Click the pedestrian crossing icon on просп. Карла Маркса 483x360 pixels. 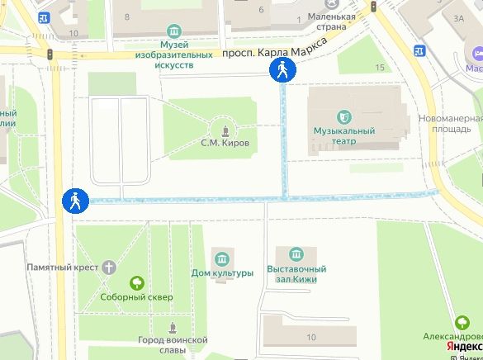pos(282,71)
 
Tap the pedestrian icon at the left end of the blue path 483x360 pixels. pos(73,201)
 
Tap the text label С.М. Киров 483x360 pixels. pos(225,143)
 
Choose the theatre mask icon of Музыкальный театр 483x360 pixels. pos(344,116)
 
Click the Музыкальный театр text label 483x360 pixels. pos(344,136)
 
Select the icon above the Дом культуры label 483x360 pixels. pos(222,256)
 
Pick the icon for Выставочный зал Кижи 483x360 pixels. pos(296,253)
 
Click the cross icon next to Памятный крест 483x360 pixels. pos(109,268)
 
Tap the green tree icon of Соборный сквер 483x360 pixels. pos(136,282)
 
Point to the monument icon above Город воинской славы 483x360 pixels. pos(172,326)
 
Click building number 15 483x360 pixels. pos(379,67)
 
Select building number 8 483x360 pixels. pos(126,17)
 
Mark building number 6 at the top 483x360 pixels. pos(261,10)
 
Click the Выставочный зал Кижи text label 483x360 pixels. pos(296,274)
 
